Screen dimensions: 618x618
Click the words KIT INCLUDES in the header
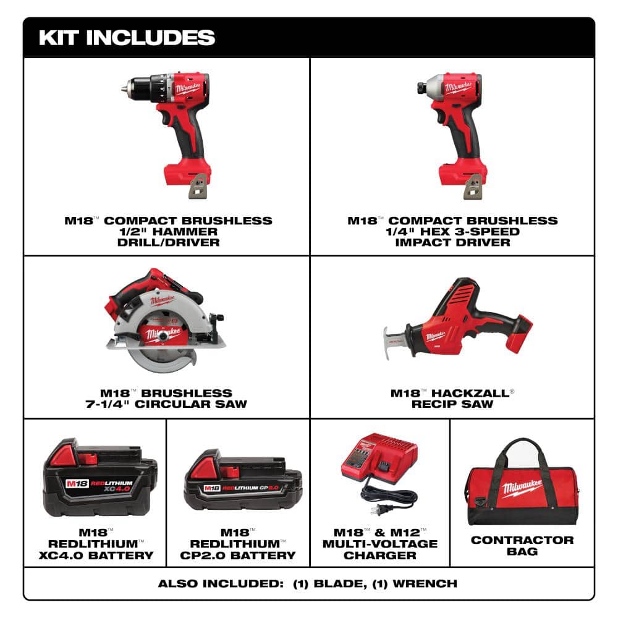pyautogui.click(x=127, y=37)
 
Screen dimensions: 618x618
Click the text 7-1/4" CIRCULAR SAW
pyautogui.click(x=167, y=404)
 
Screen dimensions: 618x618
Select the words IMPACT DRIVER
pyautogui.click(x=453, y=242)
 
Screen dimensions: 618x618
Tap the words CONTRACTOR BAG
pyautogui.click(x=522, y=546)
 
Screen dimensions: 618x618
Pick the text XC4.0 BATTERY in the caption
pyautogui.click(x=99, y=555)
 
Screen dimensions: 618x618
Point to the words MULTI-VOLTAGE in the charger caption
pyautogui.click(x=380, y=544)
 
